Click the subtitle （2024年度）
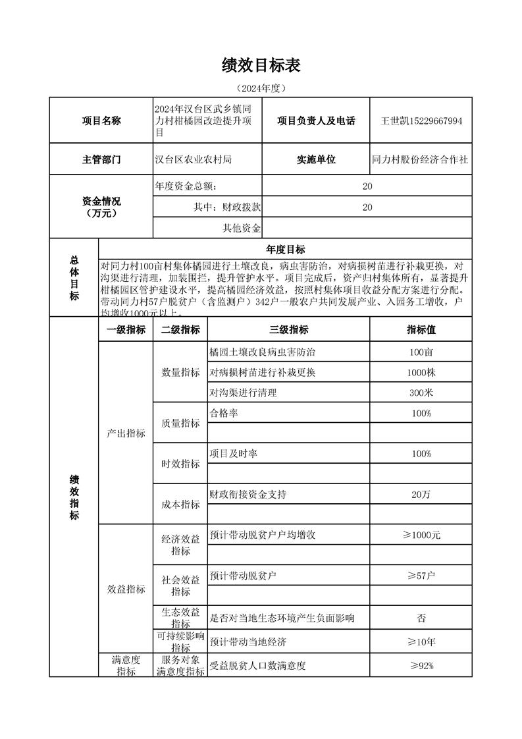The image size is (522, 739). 261,88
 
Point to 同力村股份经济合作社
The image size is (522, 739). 421,159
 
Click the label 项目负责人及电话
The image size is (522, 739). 316,121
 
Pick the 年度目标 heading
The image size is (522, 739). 285,250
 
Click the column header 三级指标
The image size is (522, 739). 288,330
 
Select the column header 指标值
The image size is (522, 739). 421,330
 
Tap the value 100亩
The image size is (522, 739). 421,352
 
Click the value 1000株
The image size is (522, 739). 421,372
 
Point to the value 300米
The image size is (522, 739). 421,393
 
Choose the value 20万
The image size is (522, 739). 421,494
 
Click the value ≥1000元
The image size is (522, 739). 421,535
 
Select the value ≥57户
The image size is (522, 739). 421,576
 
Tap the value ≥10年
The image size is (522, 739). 421,641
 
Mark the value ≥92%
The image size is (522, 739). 421,665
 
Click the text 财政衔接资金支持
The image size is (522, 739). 248,494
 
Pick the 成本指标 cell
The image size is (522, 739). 180,505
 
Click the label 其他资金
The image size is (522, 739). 242,228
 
